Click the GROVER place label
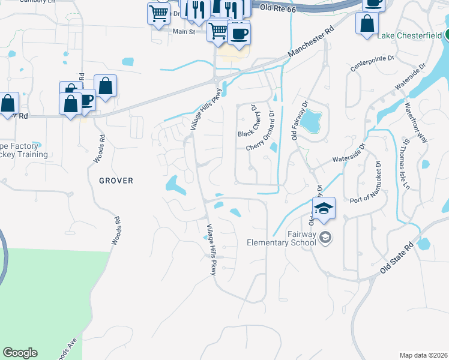click(116, 180)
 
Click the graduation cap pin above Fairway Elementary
click(324, 208)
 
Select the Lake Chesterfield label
click(410, 35)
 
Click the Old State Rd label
click(397, 259)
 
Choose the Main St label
click(184, 31)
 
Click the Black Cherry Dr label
click(247, 121)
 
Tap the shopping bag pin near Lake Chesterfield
click(367, 25)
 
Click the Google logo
click(20, 353)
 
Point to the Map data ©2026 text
click(423, 355)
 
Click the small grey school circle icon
click(325, 237)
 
